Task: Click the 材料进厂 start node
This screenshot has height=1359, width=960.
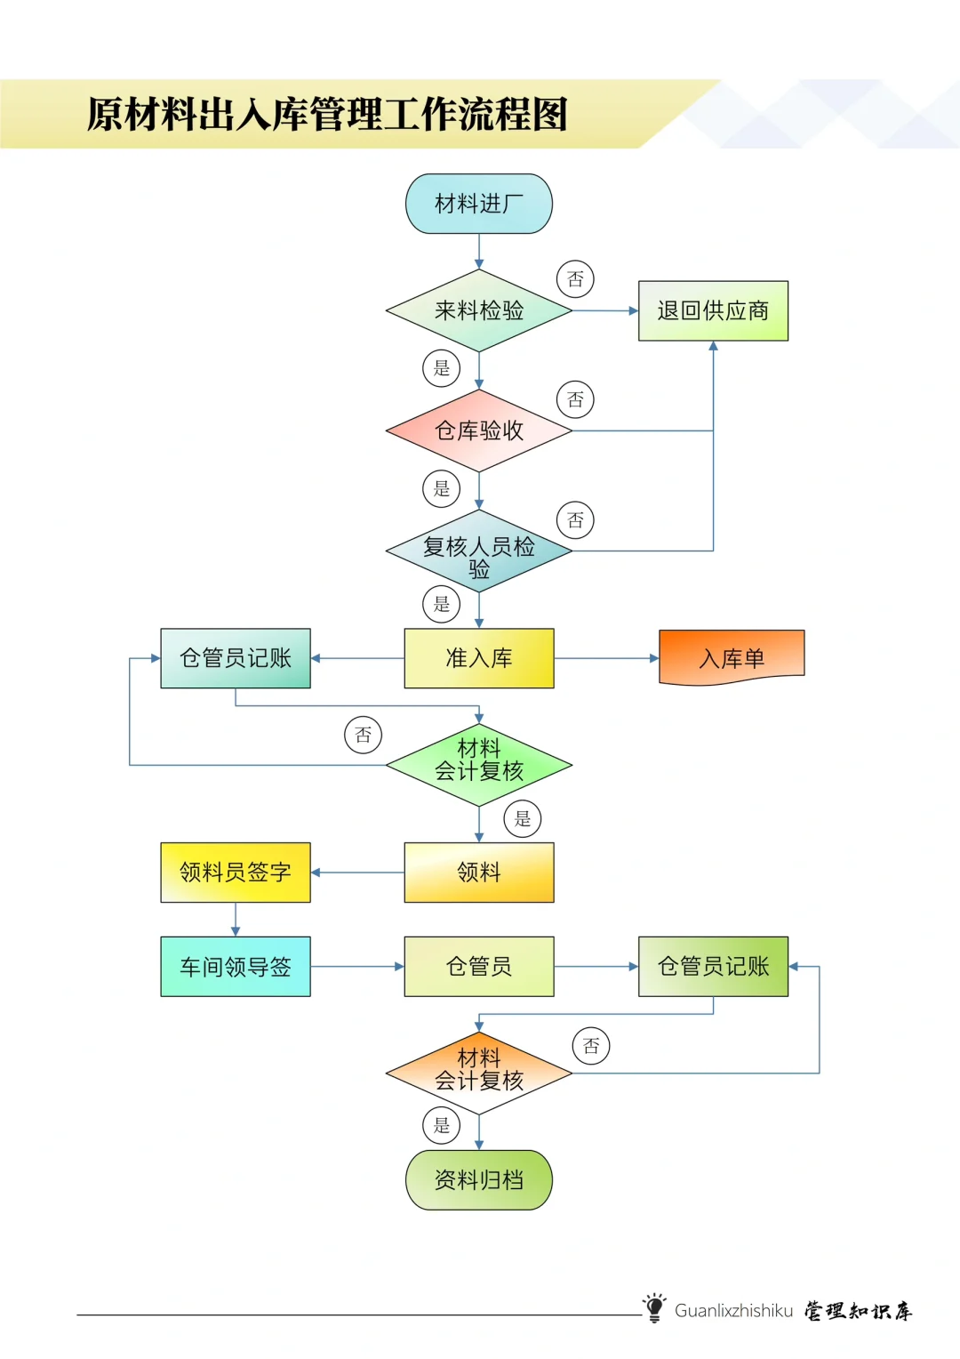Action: [478, 204]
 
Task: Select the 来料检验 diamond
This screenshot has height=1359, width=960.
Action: [478, 310]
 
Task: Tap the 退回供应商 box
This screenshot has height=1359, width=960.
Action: [713, 310]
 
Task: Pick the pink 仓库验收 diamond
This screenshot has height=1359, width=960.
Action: [478, 430]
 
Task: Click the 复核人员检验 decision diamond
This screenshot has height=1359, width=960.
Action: [478, 551]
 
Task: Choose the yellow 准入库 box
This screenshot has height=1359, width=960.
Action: [478, 658]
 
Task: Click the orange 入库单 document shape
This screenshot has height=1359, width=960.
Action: [732, 657]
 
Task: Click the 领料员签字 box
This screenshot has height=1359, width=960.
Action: [236, 872]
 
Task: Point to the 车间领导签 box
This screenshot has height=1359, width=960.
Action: [236, 967]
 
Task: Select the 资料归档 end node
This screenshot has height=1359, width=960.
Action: [478, 1180]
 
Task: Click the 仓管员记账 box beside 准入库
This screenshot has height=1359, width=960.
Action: [236, 658]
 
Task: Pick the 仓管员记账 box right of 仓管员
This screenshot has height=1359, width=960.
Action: [713, 967]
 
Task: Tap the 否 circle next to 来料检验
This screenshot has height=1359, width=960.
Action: [575, 279]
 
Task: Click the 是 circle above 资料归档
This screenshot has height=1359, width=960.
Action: [442, 1125]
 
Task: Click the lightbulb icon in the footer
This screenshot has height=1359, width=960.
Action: [654, 1307]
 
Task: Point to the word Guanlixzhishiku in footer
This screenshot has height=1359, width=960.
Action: [733, 1310]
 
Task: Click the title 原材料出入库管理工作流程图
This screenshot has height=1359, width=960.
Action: [327, 115]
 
